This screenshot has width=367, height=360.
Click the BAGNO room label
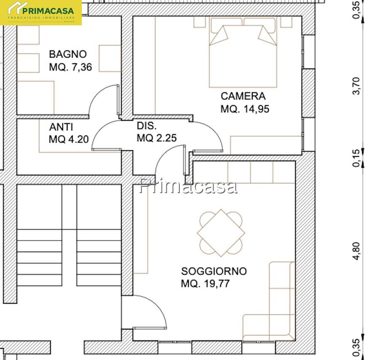[x=68, y=54]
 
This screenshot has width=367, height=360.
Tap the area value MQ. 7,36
[x=70, y=67]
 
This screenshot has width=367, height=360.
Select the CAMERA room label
[x=243, y=96]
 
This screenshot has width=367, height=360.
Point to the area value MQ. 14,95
[x=245, y=109]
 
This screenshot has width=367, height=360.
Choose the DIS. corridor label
[x=147, y=126]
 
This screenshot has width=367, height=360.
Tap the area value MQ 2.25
[x=157, y=138]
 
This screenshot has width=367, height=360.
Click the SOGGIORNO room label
[x=214, y=271]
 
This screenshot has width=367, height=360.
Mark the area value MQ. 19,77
[x=205, y=284]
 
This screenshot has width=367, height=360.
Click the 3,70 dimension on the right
[x=356, y=86]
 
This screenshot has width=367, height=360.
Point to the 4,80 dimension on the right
[x=356, y=251]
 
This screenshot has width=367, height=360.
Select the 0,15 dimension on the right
[x=356, y=159]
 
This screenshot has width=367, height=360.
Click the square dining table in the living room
[x=221, y=233]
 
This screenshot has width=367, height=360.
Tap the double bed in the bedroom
[x=243, y=52]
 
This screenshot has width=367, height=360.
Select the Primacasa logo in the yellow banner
[x=41, y=12]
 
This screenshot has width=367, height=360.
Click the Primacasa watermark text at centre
[x=188, y=186]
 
